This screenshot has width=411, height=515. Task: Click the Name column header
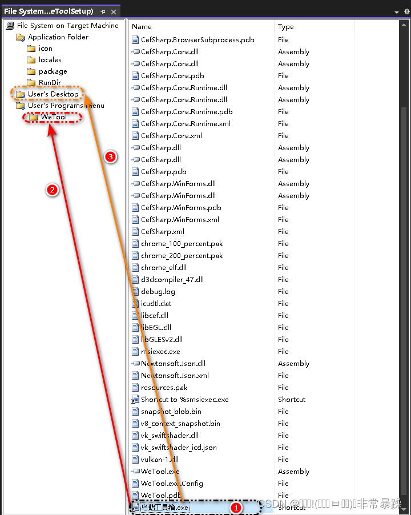(x=142, y=26)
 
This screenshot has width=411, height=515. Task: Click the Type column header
(x=286, y=26)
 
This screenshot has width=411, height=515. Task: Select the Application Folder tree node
(x=58, y=37)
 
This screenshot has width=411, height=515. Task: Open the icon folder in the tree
(x=45, y=49)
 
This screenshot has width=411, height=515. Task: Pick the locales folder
(x=50, y=60)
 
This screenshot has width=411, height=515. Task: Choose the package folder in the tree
(x=53, y=71)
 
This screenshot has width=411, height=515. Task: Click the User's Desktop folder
(x=53, y=94)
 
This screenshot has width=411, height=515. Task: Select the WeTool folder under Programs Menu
(x=53, y=118)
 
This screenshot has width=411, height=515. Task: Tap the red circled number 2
(x=53, y=190)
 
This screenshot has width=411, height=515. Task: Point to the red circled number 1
(x=236, y=506)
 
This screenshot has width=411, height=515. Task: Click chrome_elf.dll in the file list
(x=163, y=268)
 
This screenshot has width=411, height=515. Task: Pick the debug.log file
(x=158, y=292)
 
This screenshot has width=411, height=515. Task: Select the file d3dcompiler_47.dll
(x=172, y=280)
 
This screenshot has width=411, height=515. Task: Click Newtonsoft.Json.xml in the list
(x=175, y=376)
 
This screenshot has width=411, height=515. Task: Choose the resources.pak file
(x=164, y=388)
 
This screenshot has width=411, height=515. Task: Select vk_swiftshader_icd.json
(x=179, y=448)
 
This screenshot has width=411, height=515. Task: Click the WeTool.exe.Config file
(x=172, y=484)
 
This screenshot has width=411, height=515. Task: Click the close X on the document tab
(x=114, y=11)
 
